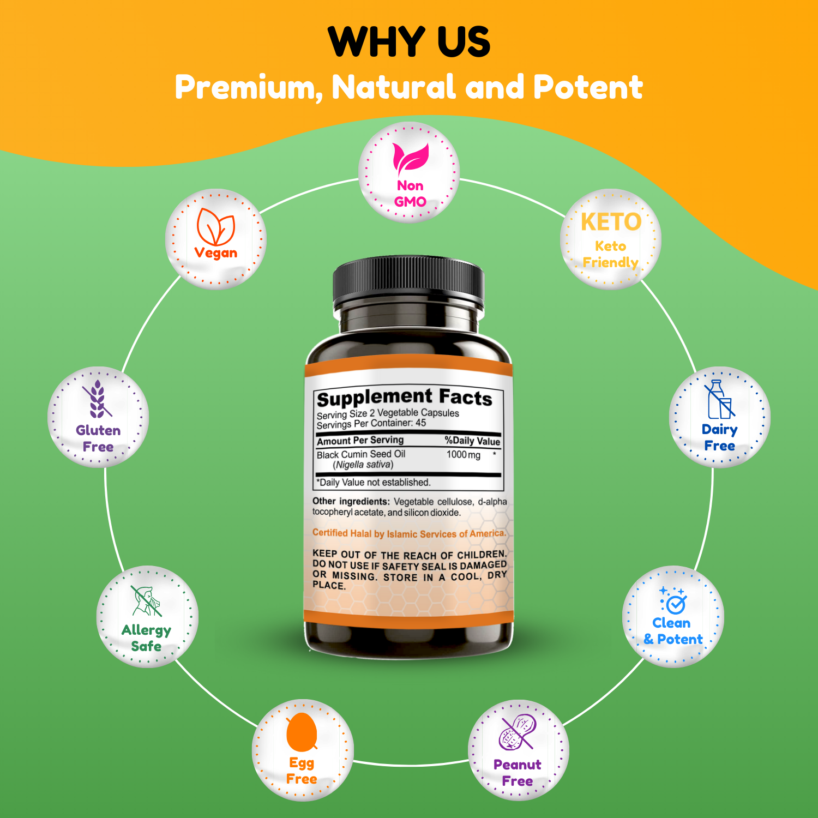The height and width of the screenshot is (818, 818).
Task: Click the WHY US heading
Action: tap(409, 41)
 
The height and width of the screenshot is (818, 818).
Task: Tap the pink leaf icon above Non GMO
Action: tap(411, 159)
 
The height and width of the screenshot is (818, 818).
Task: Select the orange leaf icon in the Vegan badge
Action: tap(216, 226)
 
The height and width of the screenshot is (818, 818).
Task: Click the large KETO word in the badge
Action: tap(611, 222)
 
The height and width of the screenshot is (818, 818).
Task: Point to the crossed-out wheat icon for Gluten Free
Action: tap(97, 399)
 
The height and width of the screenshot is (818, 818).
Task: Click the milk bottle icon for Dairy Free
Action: tap(719, 399)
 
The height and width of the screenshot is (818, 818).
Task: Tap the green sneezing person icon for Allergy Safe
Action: tap(146, 601)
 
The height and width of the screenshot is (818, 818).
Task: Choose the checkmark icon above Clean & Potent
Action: tap(673, 600)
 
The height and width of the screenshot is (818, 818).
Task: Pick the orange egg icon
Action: tap(302, 732)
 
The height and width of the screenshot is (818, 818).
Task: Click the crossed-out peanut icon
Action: tap(518, 732)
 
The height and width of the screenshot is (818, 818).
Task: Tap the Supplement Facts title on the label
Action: tap(405, 398)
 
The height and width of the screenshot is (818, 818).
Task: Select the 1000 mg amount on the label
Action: tap(464, 455)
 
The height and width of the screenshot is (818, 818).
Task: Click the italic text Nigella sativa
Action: tap(363, 465)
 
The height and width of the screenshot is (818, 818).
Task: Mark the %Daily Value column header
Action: tap(472, 441)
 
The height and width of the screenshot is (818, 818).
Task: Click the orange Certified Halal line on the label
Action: tap(410, 533)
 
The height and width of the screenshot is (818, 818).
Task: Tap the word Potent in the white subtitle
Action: tap(588, 87)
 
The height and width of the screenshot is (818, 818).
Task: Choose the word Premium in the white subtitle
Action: tap(249, 88)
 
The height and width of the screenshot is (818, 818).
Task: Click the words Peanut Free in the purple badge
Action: tap(518, 773)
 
